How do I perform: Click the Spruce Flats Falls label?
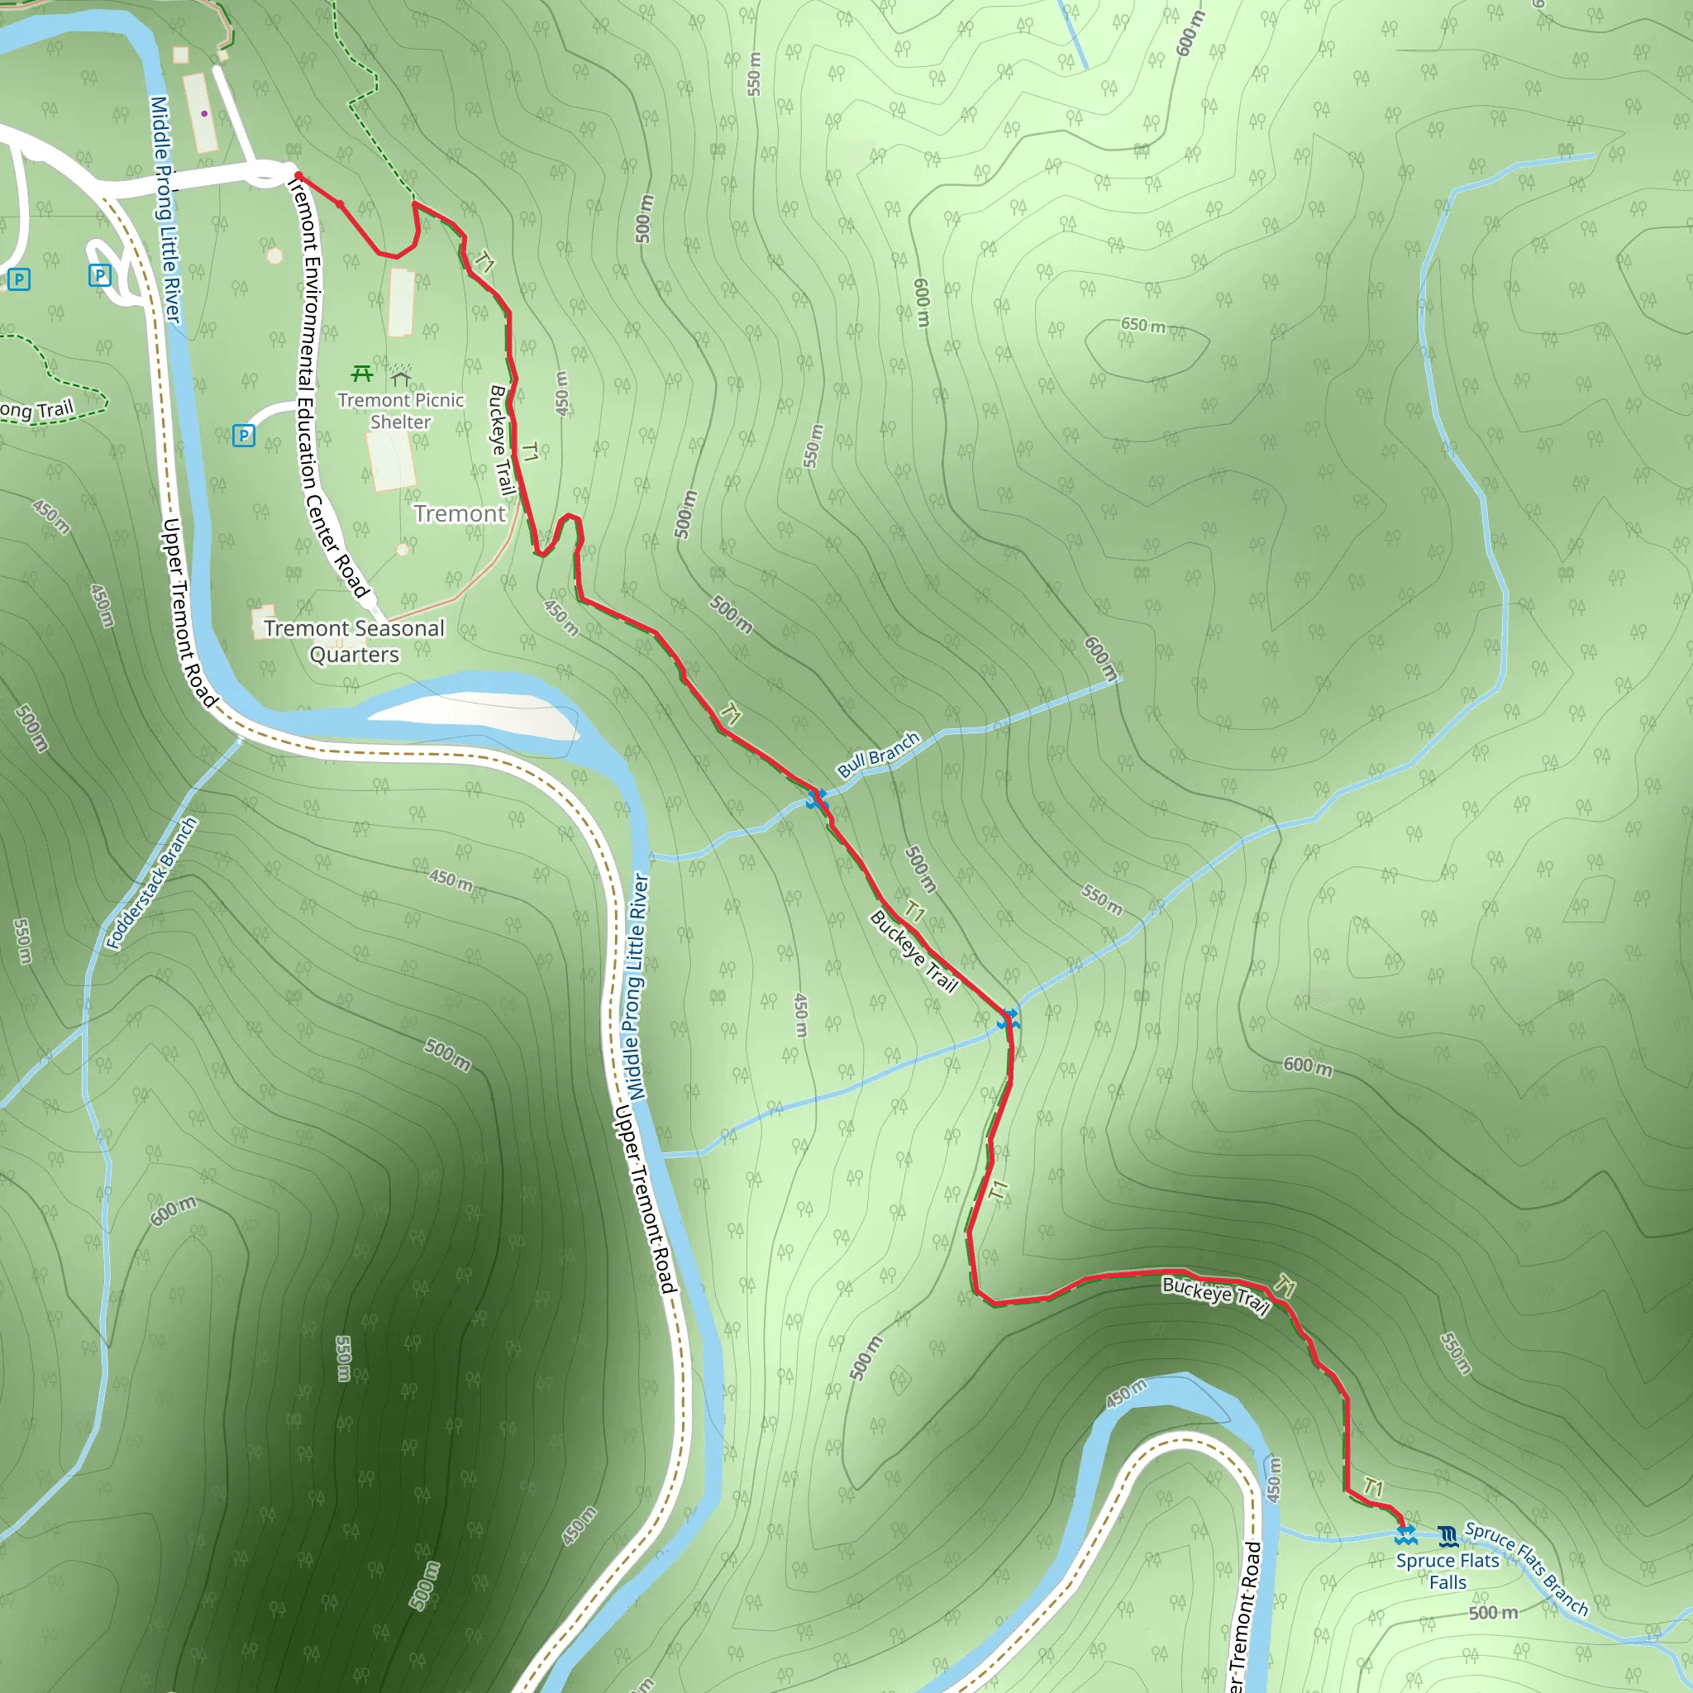(x=1447, y=1571)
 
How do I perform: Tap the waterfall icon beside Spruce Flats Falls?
(x=1447, y=1535)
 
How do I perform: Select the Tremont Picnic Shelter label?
(x=400, y=411)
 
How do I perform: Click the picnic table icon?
(x=362, y=374)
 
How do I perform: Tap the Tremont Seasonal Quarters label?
(x=354, y=641)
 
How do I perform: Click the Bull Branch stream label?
(x=878, y=755)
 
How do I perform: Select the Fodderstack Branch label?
(x=151, y=884)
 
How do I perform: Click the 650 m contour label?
(x=1143, y=325)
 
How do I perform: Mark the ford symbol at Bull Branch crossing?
(x=817, y=799)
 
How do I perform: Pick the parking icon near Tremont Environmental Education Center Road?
(x=244, y=436)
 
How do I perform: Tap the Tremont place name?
(x=460, y=513)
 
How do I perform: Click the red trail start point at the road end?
(x=298, y=176)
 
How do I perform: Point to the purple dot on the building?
(x=204, y=113)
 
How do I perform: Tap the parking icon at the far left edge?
(x=18, y=279)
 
